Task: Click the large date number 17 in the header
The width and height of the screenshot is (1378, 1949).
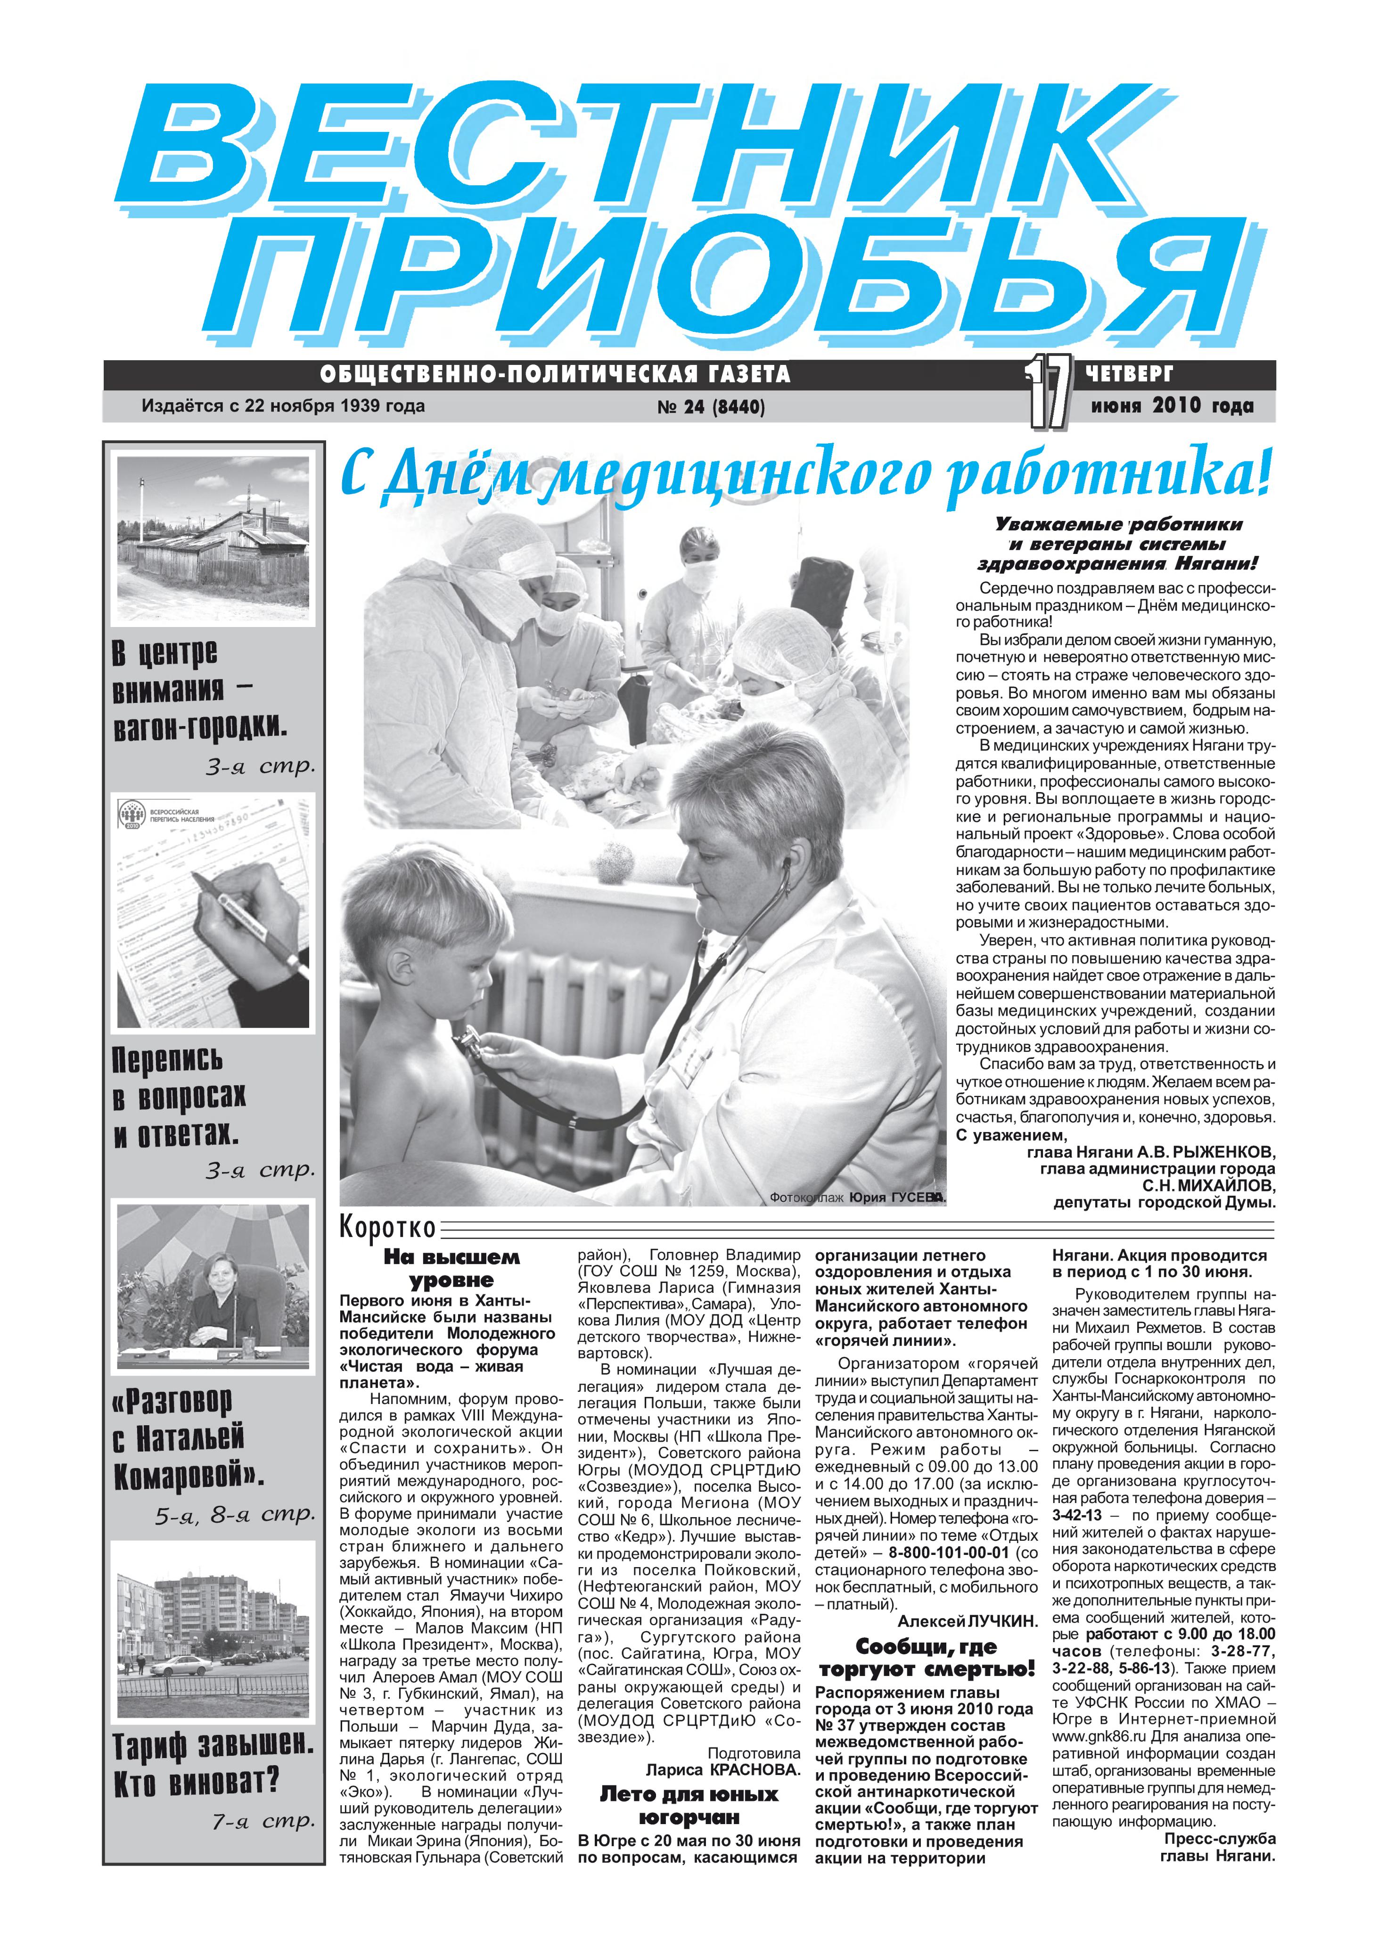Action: [x=1049, y=392]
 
